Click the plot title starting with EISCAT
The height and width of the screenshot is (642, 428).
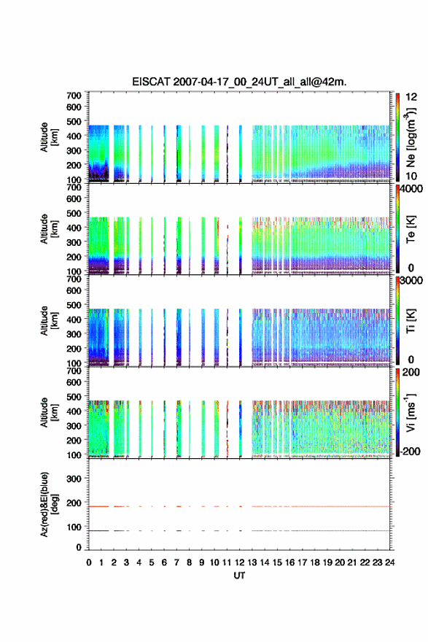click(x=239, y=82)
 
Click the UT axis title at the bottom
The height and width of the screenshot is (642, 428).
click(x=239, y=576)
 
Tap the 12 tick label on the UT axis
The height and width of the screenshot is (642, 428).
click(x=239, y=562)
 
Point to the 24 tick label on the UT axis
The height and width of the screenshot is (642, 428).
click(x=389, y=562)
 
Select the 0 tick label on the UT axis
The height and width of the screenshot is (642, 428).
click(x=89, y=562)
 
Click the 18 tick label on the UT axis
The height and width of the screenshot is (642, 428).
click(x=315, y=562)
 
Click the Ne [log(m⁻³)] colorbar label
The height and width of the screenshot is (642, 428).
click(x=411, y=138)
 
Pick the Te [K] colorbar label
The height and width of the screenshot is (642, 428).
click(x=411, y=229)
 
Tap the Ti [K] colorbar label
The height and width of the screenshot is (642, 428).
click(x=411, y=321)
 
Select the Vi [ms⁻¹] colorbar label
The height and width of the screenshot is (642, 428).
click(x=411, y=412)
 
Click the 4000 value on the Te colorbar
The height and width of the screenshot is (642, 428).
click(x=411, y=189)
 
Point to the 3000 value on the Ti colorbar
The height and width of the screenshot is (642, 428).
click(x=411, y=280)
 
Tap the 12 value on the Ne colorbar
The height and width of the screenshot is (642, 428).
click(x=412, y=97)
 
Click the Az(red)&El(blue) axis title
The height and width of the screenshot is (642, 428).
click(x=48, y=504)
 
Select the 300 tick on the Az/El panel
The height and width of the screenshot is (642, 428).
click(x=74, y=479)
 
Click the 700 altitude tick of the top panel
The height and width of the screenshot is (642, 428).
click(x=74, y=96)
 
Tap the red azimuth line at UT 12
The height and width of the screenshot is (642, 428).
click(x=240, y=506)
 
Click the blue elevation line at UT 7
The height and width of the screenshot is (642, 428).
click(x=179, y=530)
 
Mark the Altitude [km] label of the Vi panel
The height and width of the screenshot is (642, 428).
click(x=49, y=412)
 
